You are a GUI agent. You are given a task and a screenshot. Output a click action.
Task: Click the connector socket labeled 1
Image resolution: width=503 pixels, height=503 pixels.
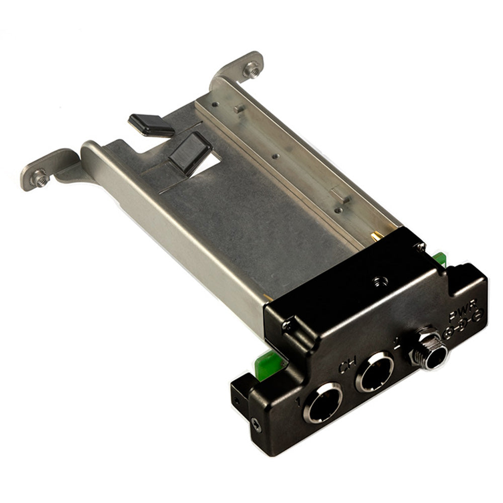click(322, 402)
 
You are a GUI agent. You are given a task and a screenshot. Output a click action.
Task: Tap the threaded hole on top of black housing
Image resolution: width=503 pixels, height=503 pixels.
click(377, 278)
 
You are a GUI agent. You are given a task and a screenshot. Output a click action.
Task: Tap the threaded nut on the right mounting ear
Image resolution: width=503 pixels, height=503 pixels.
click(250, 69)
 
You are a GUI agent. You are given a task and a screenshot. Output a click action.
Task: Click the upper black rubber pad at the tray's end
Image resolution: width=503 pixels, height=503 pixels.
click(151, 124)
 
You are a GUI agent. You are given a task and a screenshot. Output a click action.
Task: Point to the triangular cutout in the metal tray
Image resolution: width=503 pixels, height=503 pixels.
click(209, 164)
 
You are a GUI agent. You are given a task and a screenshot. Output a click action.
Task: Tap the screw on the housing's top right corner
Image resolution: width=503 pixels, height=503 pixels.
click(418, 246)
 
